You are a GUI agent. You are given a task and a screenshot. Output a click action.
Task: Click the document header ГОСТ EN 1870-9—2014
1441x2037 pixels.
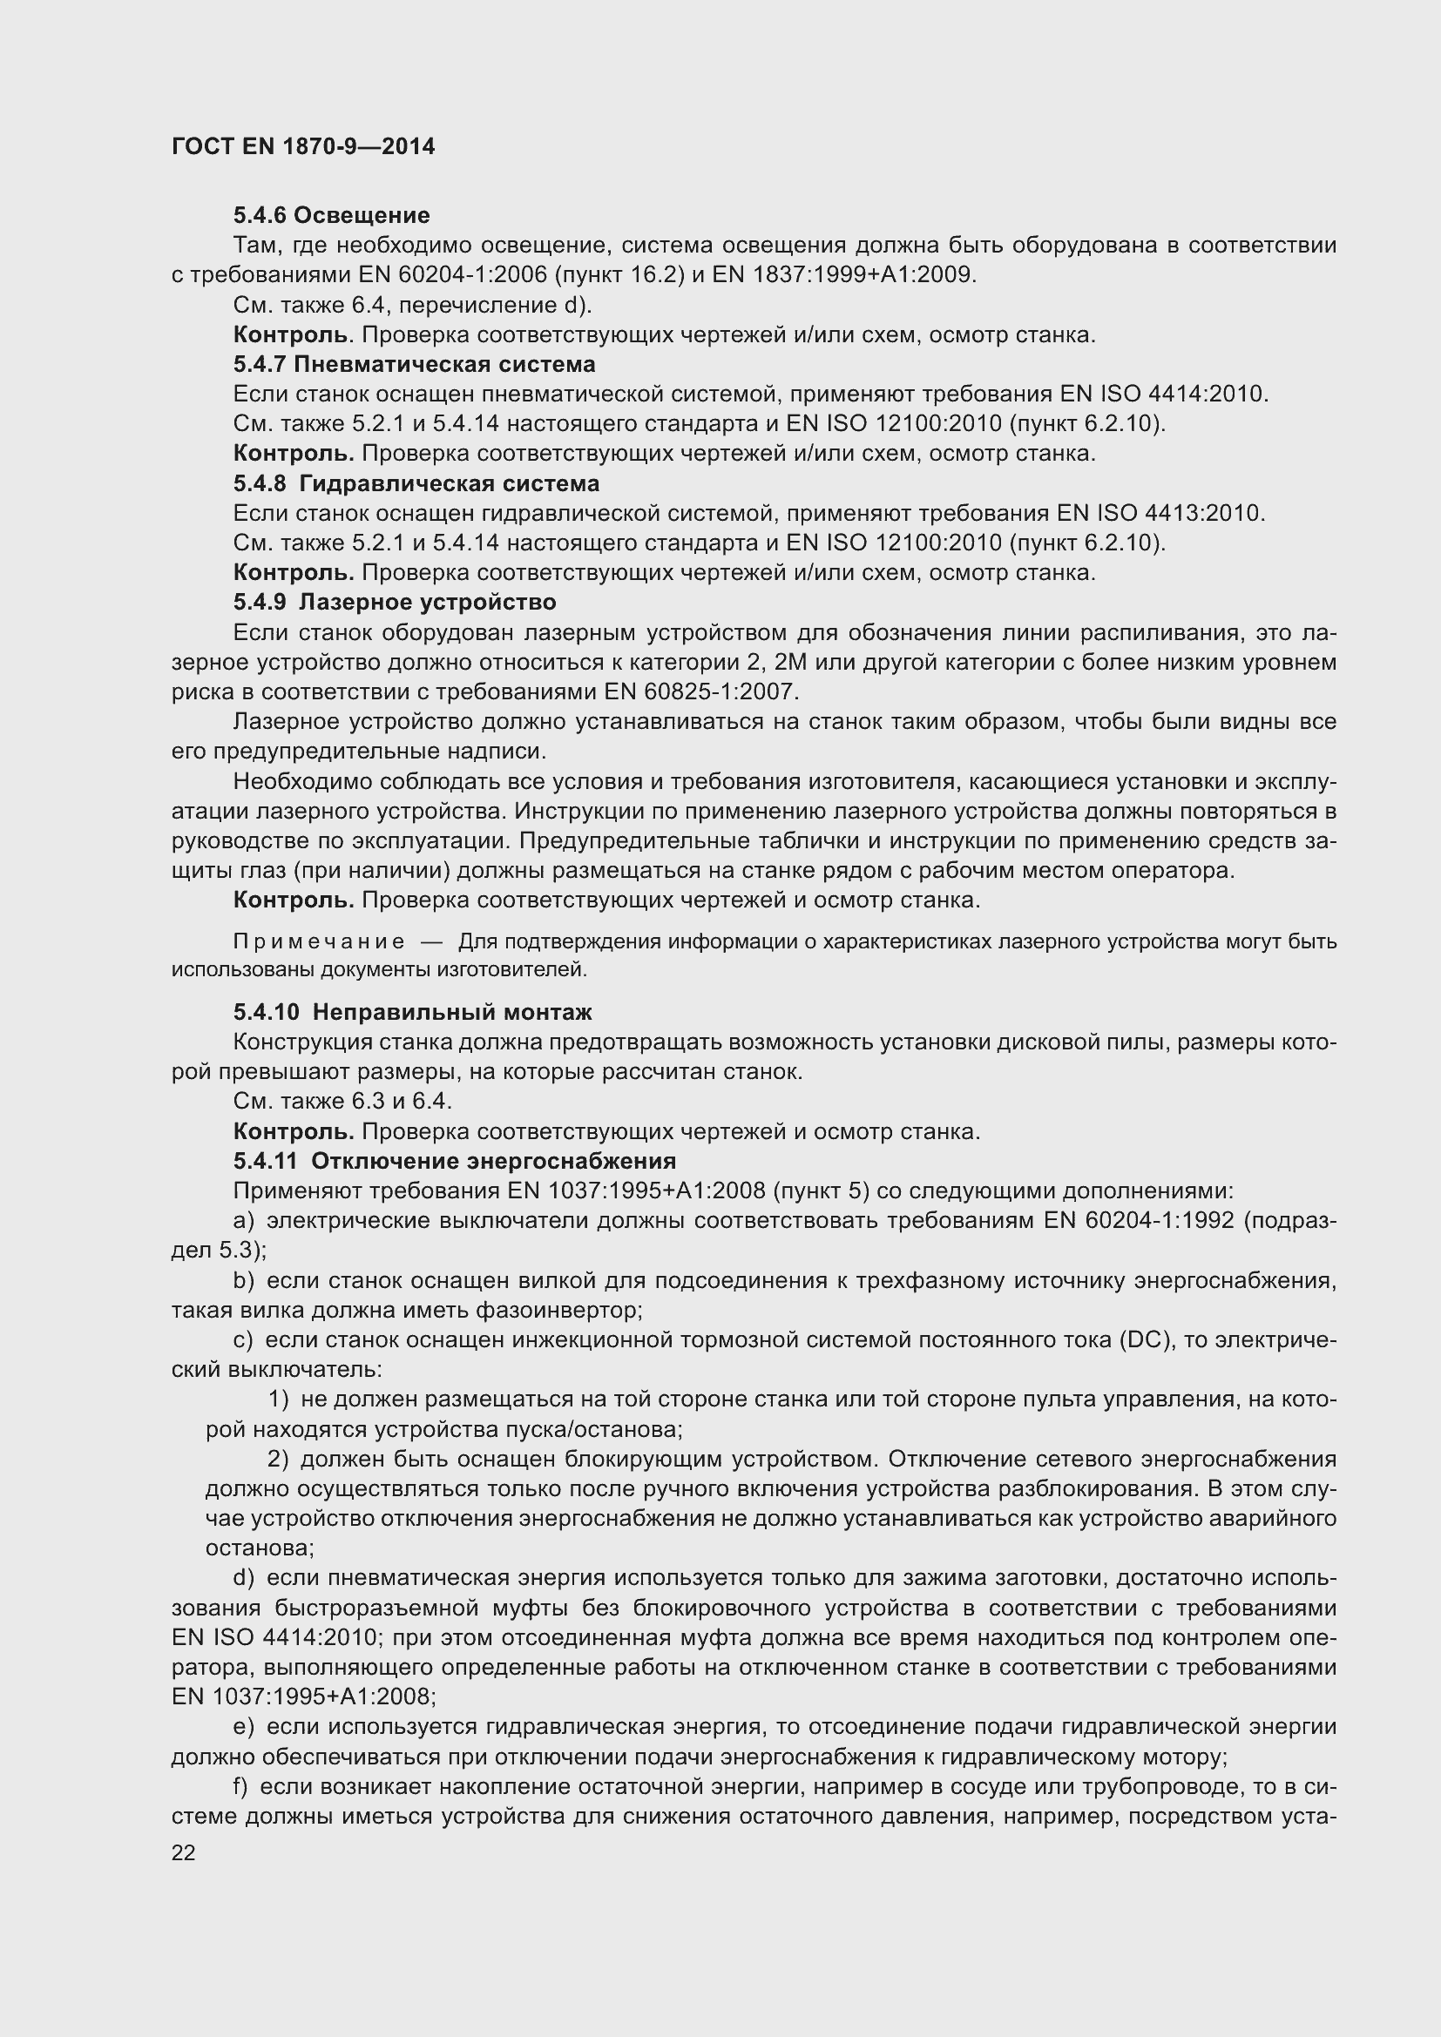(x=302, y=147)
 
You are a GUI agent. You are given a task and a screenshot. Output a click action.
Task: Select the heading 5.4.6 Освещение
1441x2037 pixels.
(x=331, y=216)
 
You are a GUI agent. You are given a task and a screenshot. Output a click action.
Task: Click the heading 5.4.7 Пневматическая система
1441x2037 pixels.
(x=414, y=365)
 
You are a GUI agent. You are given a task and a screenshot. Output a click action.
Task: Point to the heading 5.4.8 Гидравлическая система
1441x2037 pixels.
(x=416, y=483)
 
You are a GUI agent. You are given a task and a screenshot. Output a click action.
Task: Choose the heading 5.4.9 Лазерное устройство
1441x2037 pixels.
(x=395, y=603)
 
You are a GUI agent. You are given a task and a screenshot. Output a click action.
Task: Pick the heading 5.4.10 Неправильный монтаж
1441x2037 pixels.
(x=413, y=1012)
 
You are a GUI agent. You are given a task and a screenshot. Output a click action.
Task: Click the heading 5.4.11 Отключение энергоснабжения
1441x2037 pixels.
(x=454, y=1162)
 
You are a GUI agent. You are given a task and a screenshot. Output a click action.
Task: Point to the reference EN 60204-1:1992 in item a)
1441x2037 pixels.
(x=1139, y=1221)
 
